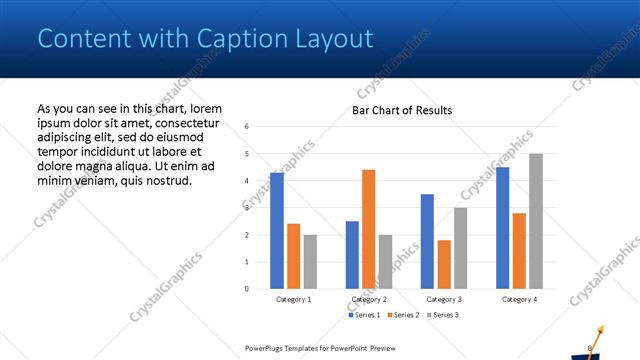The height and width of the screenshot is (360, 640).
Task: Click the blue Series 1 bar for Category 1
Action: tap(277, 231)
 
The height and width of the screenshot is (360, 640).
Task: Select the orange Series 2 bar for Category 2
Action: tap(368, 229)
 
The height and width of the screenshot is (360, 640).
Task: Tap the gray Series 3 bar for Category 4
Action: tap(536, 221)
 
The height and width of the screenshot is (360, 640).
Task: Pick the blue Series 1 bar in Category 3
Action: tap(427, 241)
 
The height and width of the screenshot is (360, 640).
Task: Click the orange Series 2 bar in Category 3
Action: tap(444, 264)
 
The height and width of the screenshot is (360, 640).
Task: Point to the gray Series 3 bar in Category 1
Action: tap(310, 262)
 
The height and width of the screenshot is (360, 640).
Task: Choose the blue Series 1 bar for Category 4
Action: tap(502, 228)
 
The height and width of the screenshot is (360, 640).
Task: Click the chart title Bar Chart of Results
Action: tap(402, 110)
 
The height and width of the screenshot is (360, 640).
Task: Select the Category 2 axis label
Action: tap(368, 299)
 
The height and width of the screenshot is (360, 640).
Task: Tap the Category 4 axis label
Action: tap(519, 299)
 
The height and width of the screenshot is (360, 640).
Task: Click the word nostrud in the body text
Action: tap(165, 179)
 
